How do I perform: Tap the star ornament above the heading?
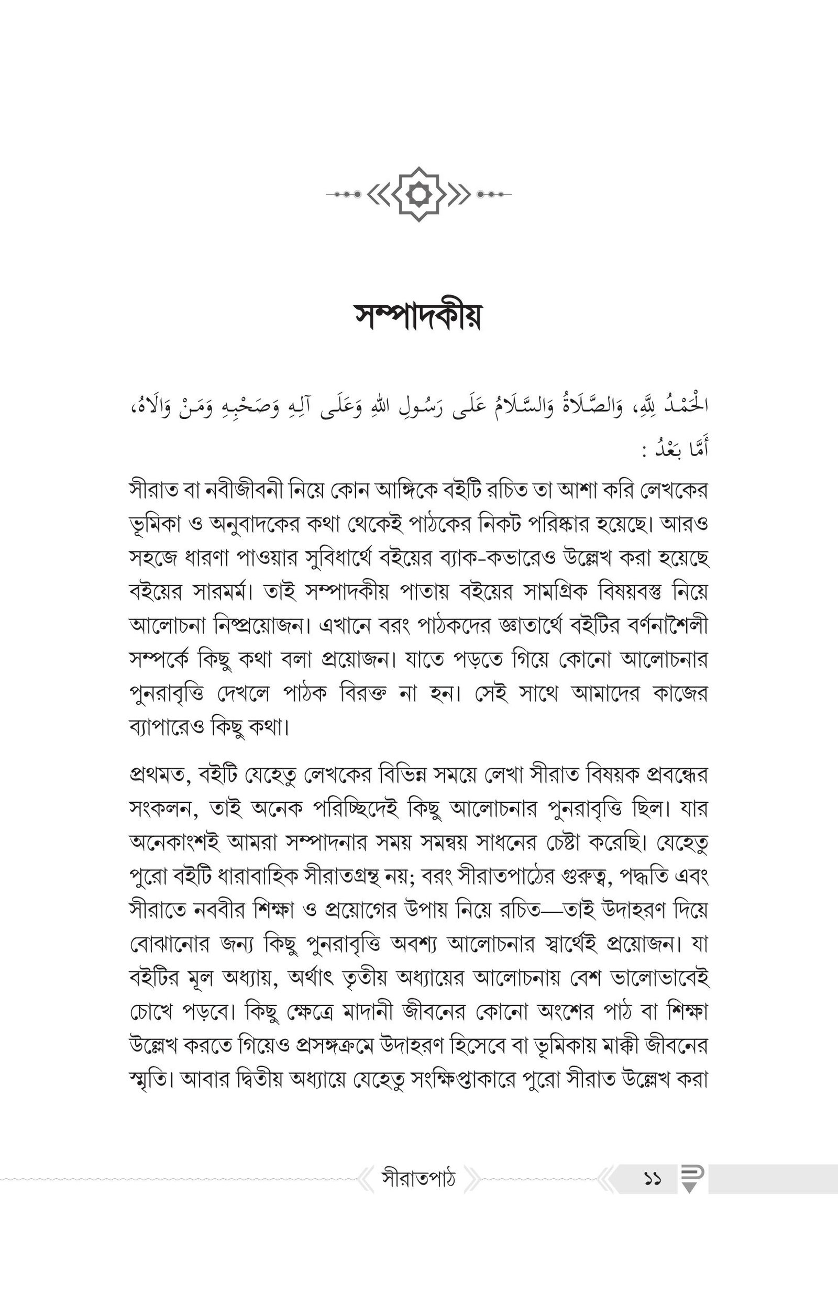point(418,194)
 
